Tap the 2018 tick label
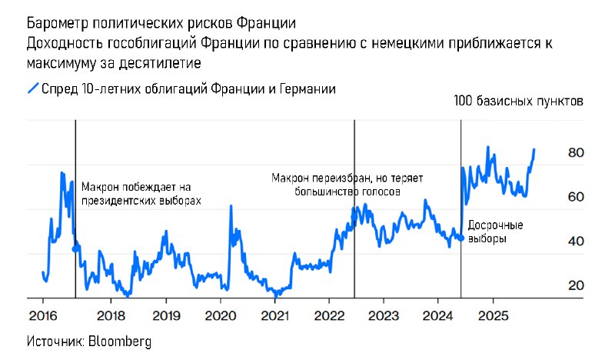click(x=111, y=315)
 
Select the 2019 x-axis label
click(x=166, y=315)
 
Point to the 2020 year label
click(x=221, y=315)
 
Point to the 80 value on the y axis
click(x=576, y=153)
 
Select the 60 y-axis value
click(x=576, y=197)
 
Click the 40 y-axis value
click(x=576, y=241)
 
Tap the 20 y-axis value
click(x=576, y=285)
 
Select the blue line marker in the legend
click(x=32, y=88)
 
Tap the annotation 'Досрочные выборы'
click(x=495, y=232)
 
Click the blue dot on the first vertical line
click(x=75, y=248)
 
